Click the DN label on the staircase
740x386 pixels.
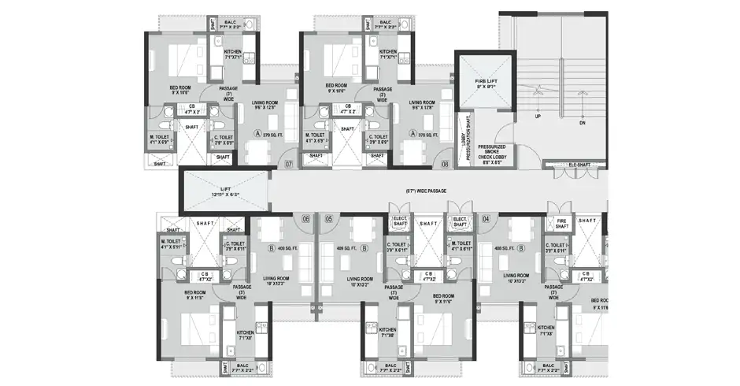[x=582, y=124]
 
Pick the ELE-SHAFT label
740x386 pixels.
[x=579, y=165]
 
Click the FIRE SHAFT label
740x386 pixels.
[x=561, y=224]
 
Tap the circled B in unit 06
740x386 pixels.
[x=271, y=248]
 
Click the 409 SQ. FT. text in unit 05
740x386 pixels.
[x=346, y=248]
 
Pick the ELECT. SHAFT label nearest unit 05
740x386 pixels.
[x=398, y=224]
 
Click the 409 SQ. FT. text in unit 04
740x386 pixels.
[x=504, y=248]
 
